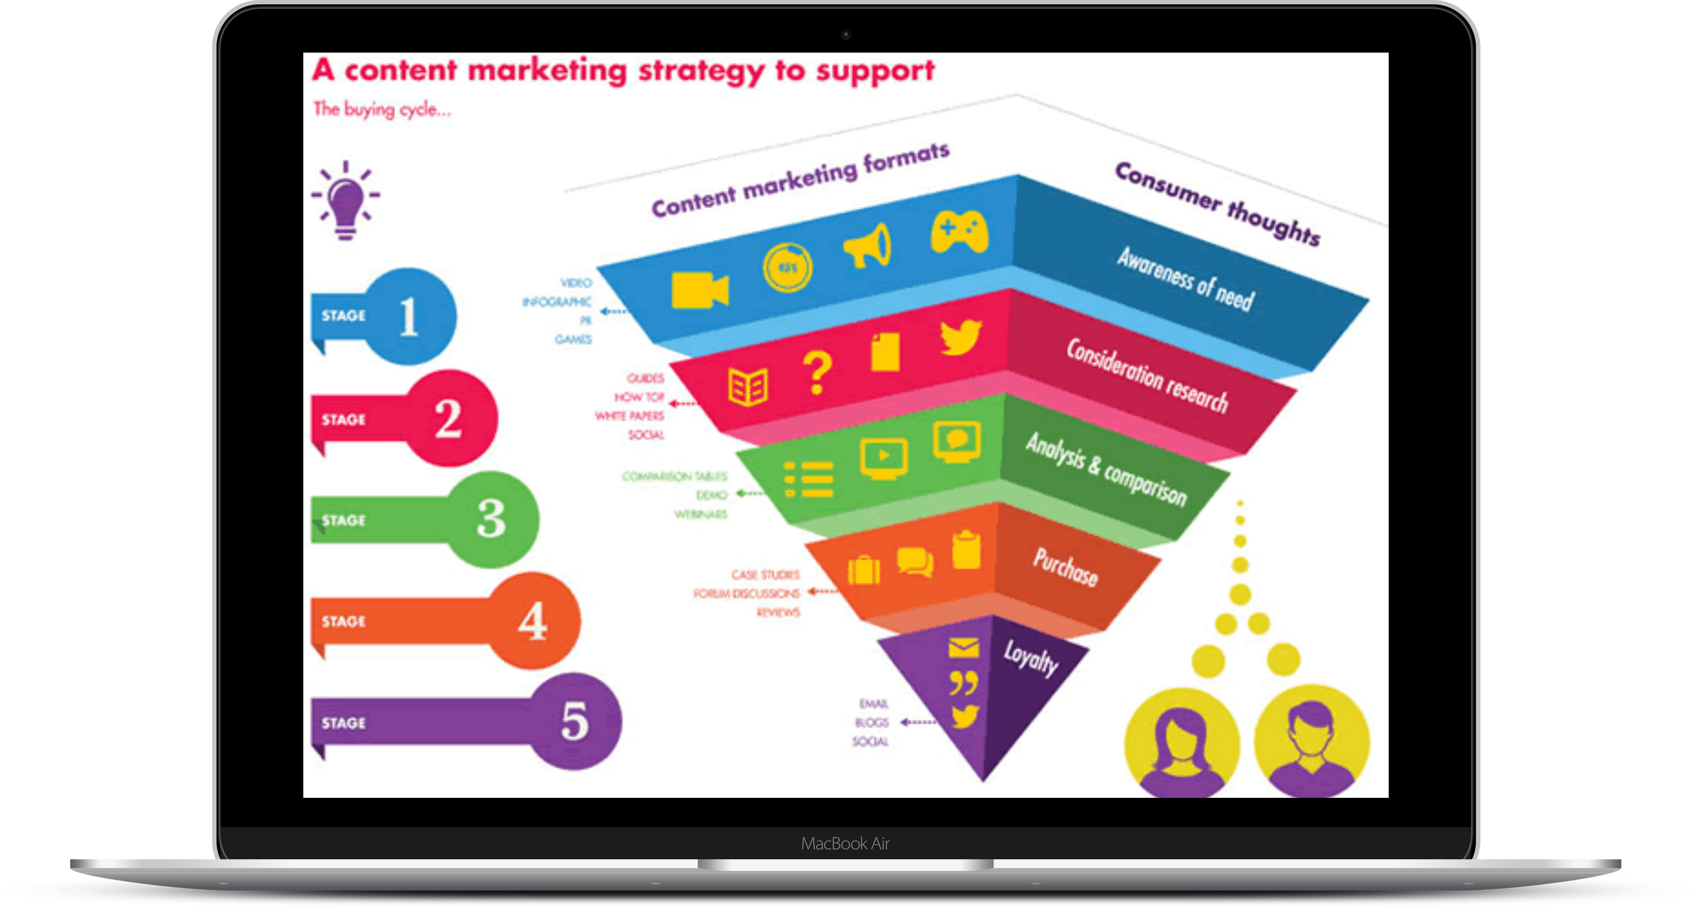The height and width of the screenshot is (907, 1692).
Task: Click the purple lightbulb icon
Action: coord(346,202)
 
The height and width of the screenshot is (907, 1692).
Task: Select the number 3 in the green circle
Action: coord(492,519)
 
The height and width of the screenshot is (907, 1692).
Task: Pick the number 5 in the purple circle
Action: coord(574,721)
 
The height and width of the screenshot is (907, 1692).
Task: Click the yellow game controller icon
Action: coord(960,232)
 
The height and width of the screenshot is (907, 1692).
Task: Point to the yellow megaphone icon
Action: coord(868,245)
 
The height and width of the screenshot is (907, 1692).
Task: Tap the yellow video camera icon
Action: coord(700,290)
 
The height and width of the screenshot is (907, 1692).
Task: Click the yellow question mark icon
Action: coord(818,374)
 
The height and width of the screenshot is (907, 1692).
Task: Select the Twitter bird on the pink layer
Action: coord(962,337)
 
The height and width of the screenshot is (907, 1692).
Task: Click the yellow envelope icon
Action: coord(964,648)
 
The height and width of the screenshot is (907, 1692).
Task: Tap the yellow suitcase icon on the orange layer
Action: coord(864,571)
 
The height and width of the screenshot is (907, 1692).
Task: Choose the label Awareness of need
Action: coord(1186,278)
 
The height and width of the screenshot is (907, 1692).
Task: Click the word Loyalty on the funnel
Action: coord(1031,658)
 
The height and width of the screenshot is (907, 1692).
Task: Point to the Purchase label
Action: coord(1065,567)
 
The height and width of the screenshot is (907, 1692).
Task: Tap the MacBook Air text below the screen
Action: coord(845,844)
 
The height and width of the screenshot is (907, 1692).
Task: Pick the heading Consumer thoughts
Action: coord(1217,203)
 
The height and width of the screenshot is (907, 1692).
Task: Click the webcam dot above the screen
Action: coord(846,34)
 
